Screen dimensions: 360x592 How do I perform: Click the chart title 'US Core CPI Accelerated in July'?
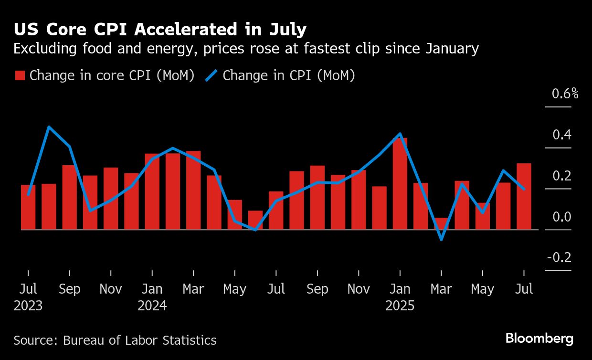pos(160,30)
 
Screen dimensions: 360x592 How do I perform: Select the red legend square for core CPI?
pos(20,76)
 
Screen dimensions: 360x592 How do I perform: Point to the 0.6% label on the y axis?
pos(565,94)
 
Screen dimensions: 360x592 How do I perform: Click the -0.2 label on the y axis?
pos(559,258)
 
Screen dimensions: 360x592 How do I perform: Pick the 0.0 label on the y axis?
pos(562,217)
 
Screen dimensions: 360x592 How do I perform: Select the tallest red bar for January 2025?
pos(400,184)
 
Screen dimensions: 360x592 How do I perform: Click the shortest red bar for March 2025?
pos(441,224)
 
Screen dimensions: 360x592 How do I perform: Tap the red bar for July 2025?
pos(524,197)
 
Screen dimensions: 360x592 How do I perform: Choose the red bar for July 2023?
pos(28,207)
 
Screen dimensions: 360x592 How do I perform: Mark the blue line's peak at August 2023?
pos(49,127)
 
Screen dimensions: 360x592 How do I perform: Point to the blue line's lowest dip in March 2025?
pos(441,239)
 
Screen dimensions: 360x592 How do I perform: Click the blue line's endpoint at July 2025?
pos(524,189)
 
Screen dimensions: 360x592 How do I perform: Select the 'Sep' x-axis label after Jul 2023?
pos(70,289)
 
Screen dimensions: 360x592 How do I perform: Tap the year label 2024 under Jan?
pos(152,306)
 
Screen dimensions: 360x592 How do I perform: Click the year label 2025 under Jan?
pos(400,306)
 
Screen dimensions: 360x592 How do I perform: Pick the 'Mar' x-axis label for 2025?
pos(441,289)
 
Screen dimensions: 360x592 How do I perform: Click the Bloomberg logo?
pos(539,339)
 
